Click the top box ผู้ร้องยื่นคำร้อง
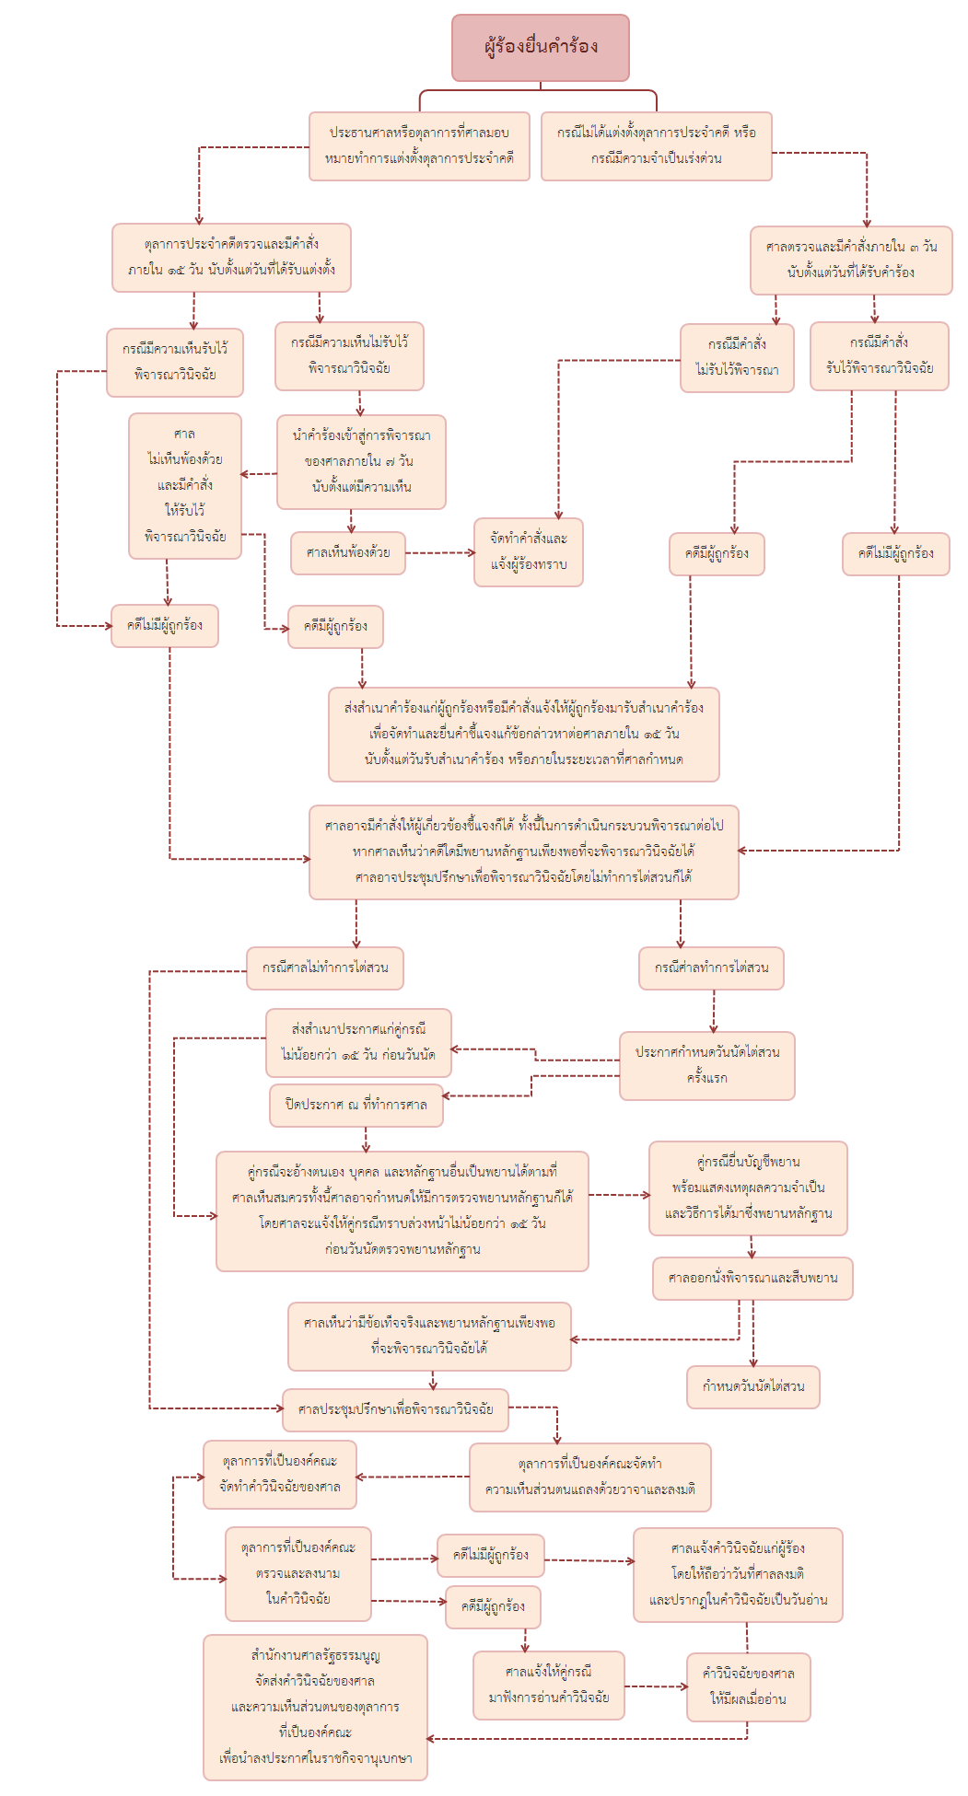click(x=540, y=47)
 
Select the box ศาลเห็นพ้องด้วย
click(x=348, y=553)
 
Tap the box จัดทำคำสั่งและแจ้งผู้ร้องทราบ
click(x=529, y=551)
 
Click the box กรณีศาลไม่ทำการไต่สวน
click(x=324, y=968)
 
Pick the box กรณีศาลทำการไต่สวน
click(x=711, y=968)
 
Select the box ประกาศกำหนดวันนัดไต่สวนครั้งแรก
click(x=706, y=1065)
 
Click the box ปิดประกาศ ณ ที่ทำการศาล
click(x=356, y=1105)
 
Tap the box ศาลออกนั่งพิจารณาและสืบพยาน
click(x=752, y=1278)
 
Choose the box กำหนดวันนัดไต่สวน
click(x=752, y=1386)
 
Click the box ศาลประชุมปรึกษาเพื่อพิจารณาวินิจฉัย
click(x=395, y=1409)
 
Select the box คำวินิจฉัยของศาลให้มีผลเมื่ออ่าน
click(x=748, y=1686)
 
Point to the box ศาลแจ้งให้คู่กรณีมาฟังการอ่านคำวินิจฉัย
click(x=548, y=1685)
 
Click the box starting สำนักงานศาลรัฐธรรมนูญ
click(x=315, y=1707)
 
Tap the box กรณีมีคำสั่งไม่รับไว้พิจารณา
click(x=737, y=357)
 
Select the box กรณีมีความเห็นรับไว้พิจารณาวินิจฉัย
click(x=175, y=362)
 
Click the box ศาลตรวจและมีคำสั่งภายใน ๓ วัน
click(x=850, y=260)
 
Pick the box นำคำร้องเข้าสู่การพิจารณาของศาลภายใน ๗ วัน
click(x=361, y=461)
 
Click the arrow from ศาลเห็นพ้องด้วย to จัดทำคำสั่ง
click(x=439, y=553)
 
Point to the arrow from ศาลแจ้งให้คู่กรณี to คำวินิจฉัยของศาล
click(x=655, y=1686)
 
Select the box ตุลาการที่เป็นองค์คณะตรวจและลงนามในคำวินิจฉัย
click(x=297, y=1573)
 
